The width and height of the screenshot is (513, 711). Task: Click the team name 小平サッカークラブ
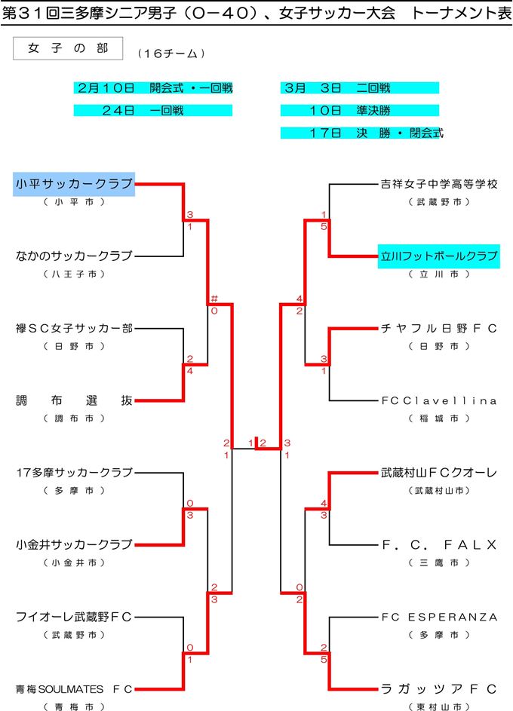pyautogui.click(x=74, y=183)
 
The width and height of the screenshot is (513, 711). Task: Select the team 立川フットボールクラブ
pyautogui.click(x=439, y=256)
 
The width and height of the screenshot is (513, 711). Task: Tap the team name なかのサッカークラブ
pyautogui.click(x=74, y=256)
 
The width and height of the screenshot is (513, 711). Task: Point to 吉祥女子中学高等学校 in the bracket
pyautogui.click(x=439, y=184)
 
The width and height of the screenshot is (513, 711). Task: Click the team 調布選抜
pyautogui.click(x=74, y=400)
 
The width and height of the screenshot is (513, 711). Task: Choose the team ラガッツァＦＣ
pyautogui.click(x=439, y=689)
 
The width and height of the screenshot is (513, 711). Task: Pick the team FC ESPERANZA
pyautogui.click(x=439, y=617)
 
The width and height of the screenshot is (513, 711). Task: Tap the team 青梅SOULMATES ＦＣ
pyautogui.click(x=74, y=689)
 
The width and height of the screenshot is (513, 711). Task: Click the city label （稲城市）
pyautogui.click(x=439, y=418)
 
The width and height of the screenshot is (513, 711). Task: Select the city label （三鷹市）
pyautogui.click(x=439, y=563)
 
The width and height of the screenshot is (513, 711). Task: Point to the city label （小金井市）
pyautogui.click(x=74, y=563)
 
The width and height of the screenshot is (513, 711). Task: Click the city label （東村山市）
pyautogui.click(x=439, y=707)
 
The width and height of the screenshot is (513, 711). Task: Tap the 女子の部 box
pyautogui.click(x=68, y=48)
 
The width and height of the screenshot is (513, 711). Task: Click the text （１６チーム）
pyautogui.click(x=172, y=54)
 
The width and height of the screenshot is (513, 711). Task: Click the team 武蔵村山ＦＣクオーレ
pyautogui.click(x=439, y=473)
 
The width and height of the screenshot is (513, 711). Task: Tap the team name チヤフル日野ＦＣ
pyautogui.click(x=439, y=329)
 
